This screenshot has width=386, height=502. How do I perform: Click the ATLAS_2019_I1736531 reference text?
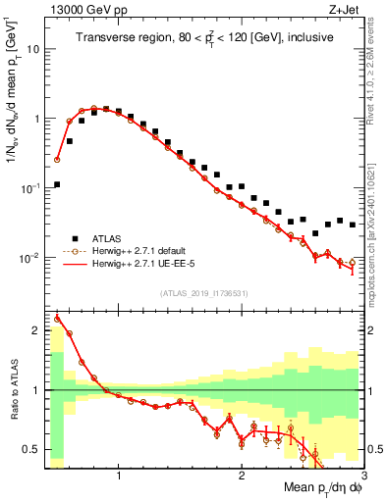(x=204, y=292)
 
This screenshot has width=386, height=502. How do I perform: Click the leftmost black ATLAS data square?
(x=57, y=184)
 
